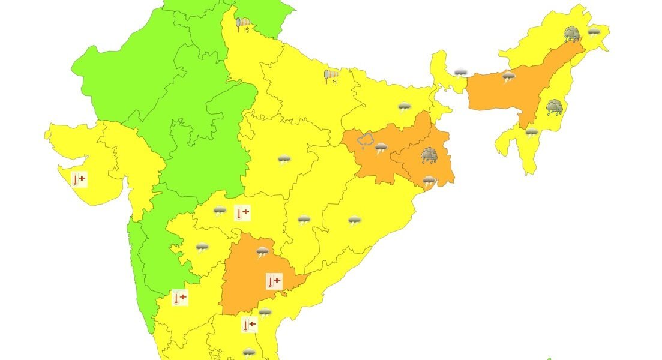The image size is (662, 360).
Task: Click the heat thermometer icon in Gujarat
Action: tap(79, 179)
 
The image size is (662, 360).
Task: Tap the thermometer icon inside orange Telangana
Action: tap(274, 281)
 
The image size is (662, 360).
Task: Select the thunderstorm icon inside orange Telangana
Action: tap(263, 252)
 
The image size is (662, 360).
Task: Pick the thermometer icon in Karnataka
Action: tap(179, 297)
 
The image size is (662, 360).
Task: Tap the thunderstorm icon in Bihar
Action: tap(405, 108)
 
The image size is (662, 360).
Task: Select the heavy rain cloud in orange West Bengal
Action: tap(429, 156)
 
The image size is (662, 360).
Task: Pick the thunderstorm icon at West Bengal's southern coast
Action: tap(429, 181)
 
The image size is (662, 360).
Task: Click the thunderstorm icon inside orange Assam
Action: tap(508, 76)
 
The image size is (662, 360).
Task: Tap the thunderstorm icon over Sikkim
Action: tap(460, 73)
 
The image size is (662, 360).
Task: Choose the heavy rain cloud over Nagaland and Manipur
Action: tap(554, 107)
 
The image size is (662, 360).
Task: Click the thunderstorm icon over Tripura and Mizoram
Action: tap(531, 132)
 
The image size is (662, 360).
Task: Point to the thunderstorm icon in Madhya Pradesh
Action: tap(284, 160)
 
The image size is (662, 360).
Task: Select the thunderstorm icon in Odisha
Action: tap(355, 221)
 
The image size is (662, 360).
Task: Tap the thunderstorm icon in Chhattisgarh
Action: tap(304, 220)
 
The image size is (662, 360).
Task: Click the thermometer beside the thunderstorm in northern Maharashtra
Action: tap(242, 212)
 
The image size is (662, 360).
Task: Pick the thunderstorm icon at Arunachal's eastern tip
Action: tap(594, 31)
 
